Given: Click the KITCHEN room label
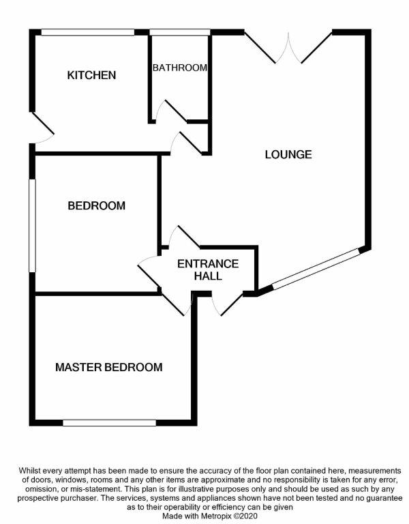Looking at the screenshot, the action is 91,75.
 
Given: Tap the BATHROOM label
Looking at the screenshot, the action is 179,68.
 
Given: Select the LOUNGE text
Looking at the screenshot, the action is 288,155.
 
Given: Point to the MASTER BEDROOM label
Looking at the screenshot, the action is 109,368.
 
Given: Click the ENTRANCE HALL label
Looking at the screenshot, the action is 208,270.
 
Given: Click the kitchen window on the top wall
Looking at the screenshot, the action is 87,32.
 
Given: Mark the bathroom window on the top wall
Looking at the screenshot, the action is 179,32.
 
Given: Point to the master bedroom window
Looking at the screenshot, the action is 109,423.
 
